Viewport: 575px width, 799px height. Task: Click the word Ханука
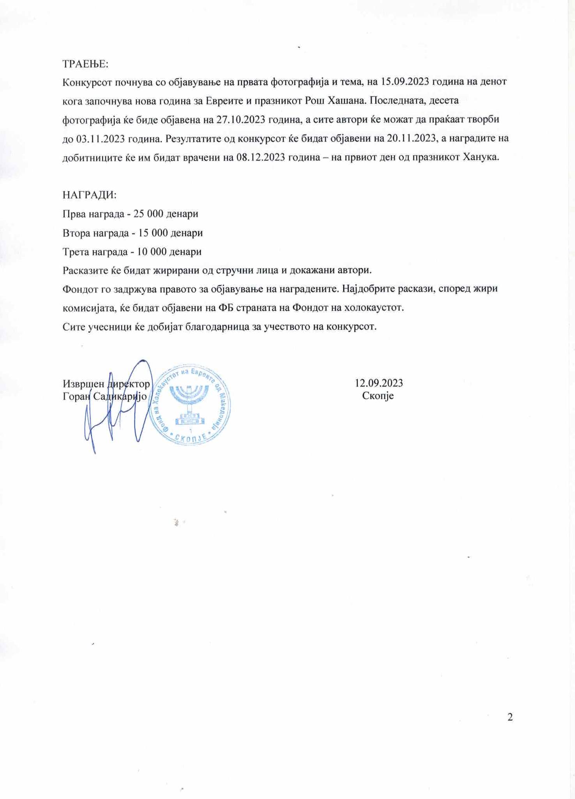(x=480, y=158)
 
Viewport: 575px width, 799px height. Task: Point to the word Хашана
(x=346, y=101)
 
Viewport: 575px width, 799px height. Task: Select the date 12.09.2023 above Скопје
(x=378, y=383)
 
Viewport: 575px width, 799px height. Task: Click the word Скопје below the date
(x=378, y=396)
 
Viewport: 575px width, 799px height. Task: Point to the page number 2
(x=510, y=717)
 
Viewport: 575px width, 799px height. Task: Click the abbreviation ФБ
(x=225, y=308)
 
